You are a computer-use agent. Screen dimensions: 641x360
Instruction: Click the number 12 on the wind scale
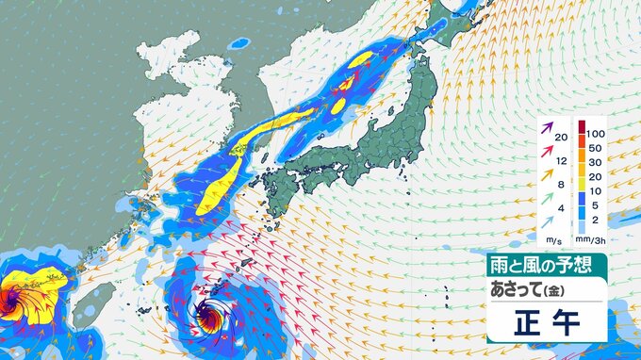[562, 161]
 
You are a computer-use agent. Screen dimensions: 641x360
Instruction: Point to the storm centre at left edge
[11, 302]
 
